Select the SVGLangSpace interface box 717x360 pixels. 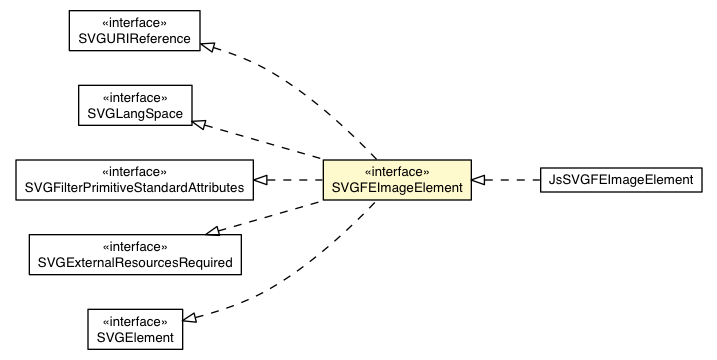[135, 105]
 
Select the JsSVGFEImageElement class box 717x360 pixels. [620, 180]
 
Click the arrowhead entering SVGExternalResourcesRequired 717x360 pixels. [213, 231]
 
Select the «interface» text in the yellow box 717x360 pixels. [397, 171]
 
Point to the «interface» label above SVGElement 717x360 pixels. [135, 320]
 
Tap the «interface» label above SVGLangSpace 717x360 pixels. [135, 97]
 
